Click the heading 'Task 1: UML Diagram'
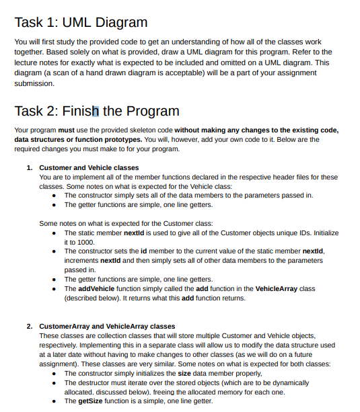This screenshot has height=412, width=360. coord(81,23)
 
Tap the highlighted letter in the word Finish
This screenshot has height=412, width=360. coord(95,111)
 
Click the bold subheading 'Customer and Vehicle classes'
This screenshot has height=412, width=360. coord(89,167)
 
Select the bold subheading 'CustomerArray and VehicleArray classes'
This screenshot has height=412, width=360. coord(107,326)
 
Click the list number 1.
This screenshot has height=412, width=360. coord(29,167)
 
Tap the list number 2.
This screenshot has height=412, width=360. coord(29,326)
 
